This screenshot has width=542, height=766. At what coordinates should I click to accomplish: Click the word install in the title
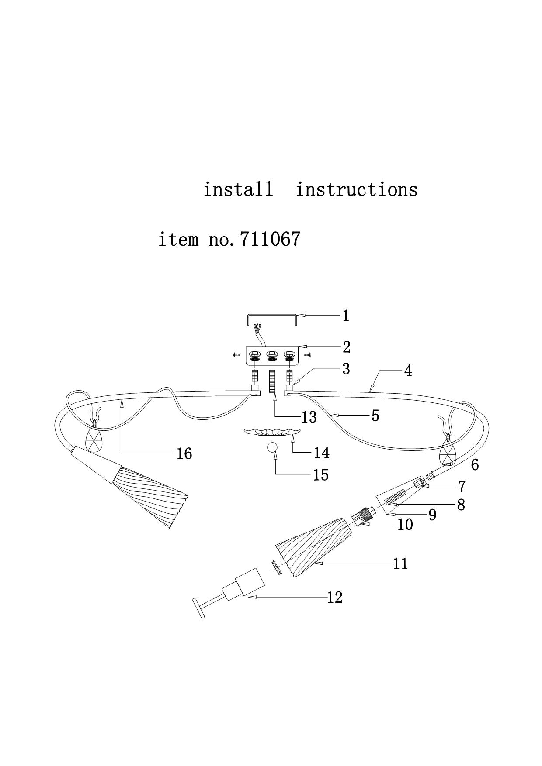pos(238,189)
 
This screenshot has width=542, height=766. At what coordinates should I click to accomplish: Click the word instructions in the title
pos(357,189)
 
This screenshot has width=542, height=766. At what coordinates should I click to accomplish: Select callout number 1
pos(346,316)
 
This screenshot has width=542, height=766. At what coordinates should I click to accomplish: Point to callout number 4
pos(407,371)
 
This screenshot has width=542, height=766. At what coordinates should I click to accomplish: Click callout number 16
pos(184,453)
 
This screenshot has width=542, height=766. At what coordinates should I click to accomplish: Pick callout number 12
pos(335,597)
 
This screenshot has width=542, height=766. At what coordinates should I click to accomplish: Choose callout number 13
pos(309,417)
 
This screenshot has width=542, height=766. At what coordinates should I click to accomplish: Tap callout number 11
pos(400,563)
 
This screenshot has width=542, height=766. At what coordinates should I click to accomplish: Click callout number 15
pos(321,474)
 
